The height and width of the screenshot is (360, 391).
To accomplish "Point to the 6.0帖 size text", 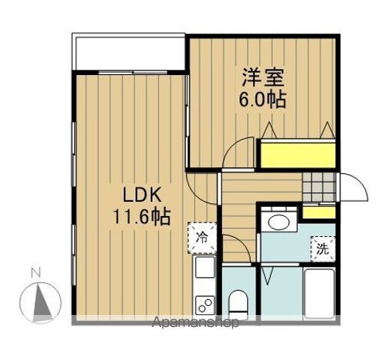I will point(261,100).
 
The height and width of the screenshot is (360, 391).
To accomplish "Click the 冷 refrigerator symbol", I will point(202,238).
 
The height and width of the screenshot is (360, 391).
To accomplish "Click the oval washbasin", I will point(280,222).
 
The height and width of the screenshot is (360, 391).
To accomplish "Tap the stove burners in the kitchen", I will point(204,304).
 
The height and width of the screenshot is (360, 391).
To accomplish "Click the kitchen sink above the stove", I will point(205,268).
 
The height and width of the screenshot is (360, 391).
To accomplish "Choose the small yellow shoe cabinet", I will point(320,211).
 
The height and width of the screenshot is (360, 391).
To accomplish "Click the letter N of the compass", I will point(33,273).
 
